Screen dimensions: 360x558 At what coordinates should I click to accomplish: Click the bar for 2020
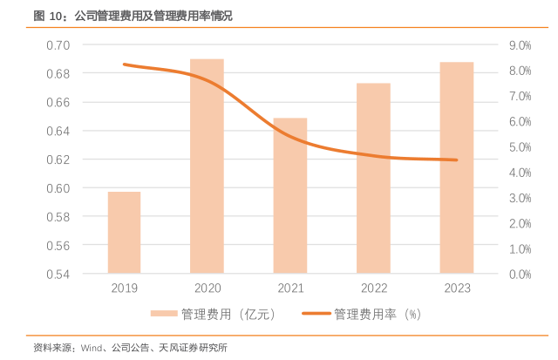tap(207, 166)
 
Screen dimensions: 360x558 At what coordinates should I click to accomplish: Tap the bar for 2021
tap(289, 195)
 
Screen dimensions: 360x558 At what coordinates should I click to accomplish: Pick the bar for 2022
tap(372, 178)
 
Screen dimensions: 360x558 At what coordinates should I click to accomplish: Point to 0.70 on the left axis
tap(58, 44)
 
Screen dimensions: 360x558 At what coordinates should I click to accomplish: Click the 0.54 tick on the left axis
tap(58, 274)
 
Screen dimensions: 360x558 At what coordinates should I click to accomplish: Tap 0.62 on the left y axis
tap(58, 160)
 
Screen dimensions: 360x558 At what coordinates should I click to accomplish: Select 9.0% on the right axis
tap(519, 44)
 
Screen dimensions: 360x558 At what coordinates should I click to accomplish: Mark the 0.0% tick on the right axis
tap(519, 274)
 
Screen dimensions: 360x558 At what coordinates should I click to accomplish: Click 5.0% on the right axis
tap(519, 146)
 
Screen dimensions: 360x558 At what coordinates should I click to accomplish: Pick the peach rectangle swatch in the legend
tap(163, 314)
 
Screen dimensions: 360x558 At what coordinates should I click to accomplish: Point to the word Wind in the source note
tap(92, 348)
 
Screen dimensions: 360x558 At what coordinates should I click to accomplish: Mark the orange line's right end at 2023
tap(456, 160)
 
